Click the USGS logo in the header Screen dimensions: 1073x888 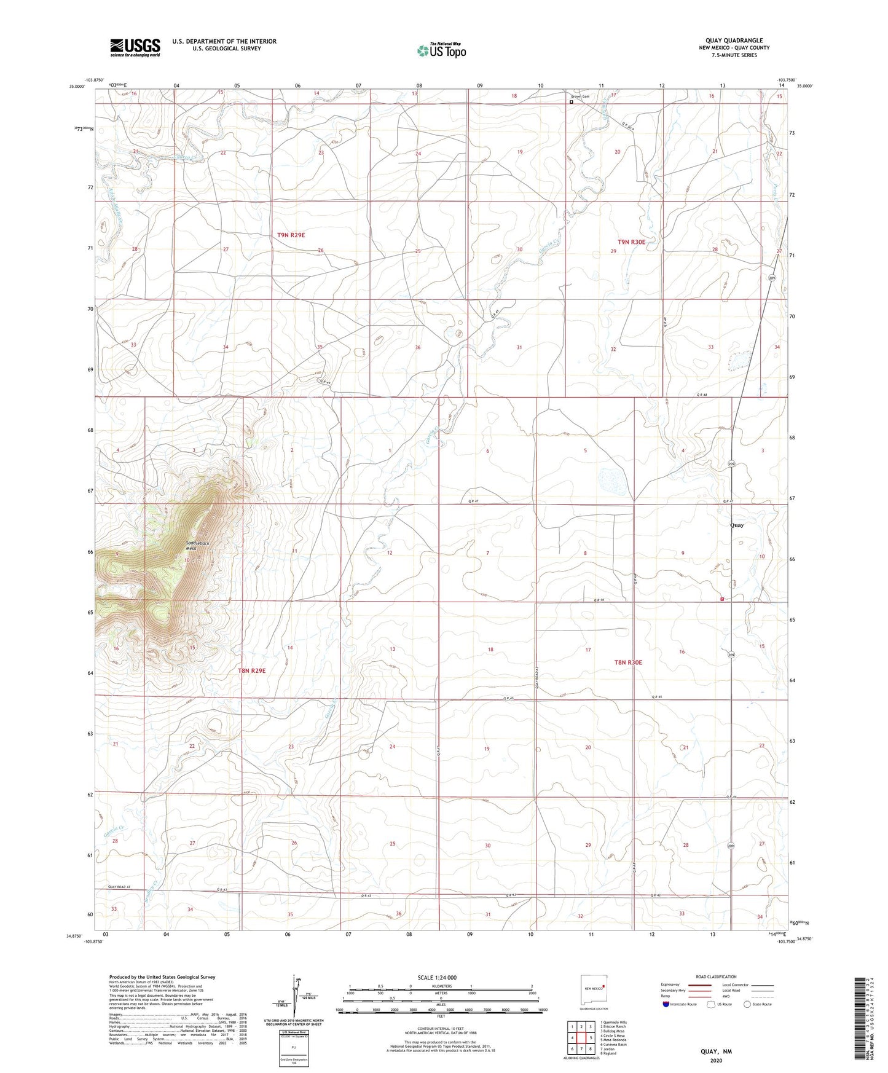pos(135,47)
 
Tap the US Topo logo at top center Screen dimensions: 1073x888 pos(441,50)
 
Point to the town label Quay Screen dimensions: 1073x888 pos(736,525)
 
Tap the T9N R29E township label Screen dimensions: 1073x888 pos(291,235)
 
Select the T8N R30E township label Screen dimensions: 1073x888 pos(628,662)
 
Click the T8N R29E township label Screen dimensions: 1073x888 pos(251,670)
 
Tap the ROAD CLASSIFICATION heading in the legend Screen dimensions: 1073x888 pos(717,977)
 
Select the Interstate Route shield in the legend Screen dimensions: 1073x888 pos(666,1004)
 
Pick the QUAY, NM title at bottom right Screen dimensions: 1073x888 pos(716,1051)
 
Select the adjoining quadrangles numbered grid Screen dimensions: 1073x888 pos(581,1037)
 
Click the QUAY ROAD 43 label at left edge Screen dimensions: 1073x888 pos(120,887)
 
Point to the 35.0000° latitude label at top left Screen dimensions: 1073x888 pos(79,87)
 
